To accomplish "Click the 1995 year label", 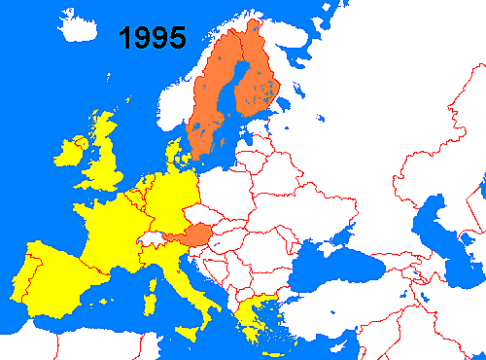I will pos(153,38).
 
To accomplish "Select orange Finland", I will pos(257,88).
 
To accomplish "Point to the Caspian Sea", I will pos(433,234).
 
